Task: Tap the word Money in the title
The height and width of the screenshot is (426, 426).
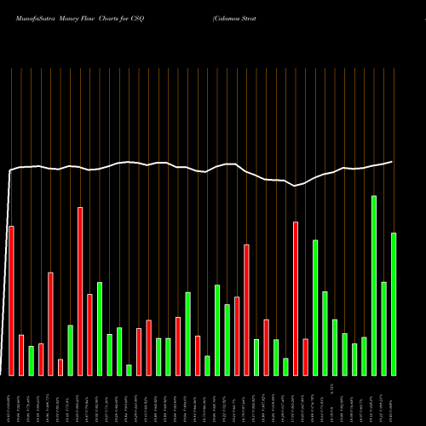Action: (x=72, y=16)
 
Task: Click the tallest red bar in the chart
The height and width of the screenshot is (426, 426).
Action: (x=80, y=291)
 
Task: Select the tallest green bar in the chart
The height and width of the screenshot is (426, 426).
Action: (x=374, y=285)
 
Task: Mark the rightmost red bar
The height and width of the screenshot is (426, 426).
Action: (x=305, y=357)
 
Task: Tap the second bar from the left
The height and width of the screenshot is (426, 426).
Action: (x=21, y=354)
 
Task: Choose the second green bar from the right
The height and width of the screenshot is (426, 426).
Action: (x=383, y=328)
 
